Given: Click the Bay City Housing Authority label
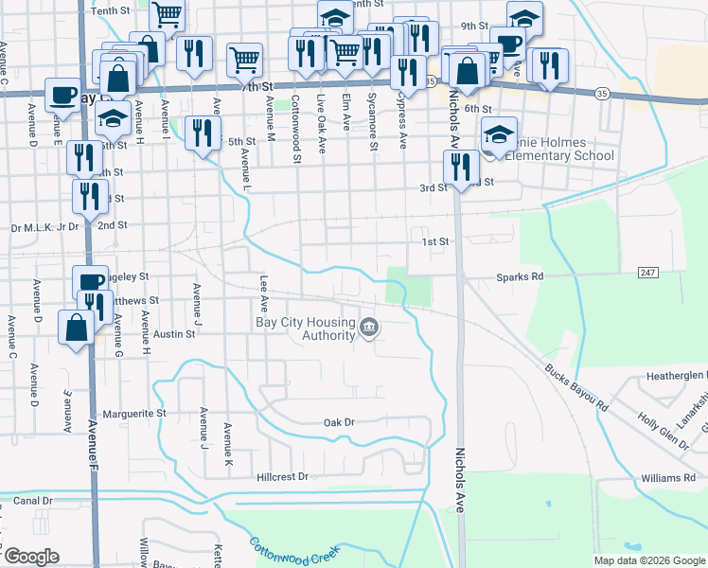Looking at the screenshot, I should tap(305, 328).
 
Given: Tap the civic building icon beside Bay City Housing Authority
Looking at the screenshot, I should tap(368, 328).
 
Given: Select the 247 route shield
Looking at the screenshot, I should tap(647, 273).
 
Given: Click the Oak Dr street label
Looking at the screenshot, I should tap(338, 422).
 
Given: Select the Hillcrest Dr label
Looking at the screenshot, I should tap(282, 477).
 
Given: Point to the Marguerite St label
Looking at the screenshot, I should tap(133, 414).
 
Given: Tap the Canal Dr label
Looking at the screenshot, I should tap(33, 499).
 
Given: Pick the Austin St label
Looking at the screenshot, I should tap(174, 334).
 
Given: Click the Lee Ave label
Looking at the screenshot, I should tap(265, 293).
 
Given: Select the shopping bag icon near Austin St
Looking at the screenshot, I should tap(75, 328).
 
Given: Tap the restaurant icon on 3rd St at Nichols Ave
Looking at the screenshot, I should tap(460, 168).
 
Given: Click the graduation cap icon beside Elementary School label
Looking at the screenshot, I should tap(499, 133).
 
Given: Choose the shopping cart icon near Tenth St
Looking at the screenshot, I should tap(167, 14).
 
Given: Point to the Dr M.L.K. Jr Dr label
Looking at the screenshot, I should tap(43, 227).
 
